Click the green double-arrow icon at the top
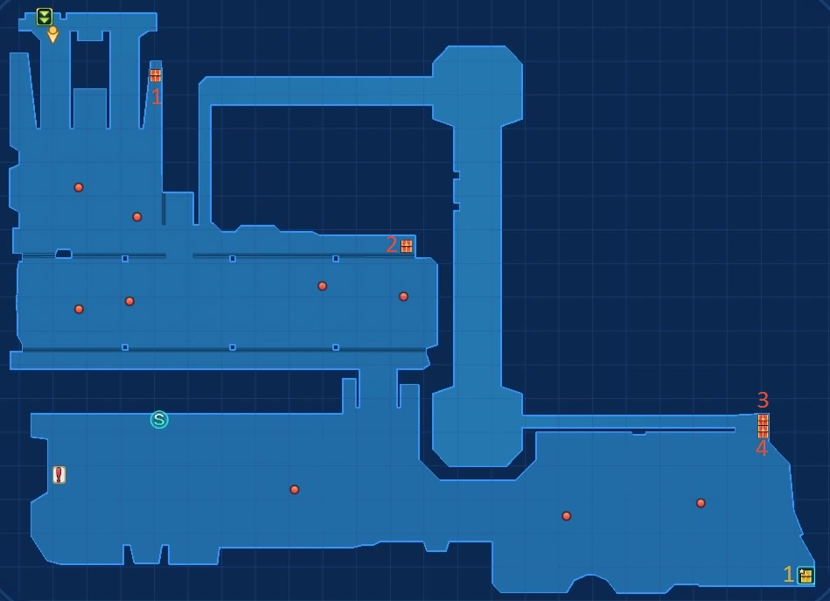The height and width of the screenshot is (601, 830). tap(44, 17)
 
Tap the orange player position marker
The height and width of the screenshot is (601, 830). tap(52, 35)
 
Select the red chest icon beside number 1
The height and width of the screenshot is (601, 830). tap(156, 76)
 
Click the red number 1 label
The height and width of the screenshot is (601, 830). tap(157, 97)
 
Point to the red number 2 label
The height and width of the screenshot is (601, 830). tap(392, 245)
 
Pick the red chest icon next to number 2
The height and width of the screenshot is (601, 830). tap(407, 246)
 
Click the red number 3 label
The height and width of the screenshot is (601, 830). tap(763, 400)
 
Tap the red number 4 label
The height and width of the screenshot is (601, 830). tap(761, 449)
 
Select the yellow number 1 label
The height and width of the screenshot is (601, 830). tap(788, 575)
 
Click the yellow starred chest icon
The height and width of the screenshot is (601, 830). tap(806, 576)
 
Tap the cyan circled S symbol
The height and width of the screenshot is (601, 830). tap(159, 420)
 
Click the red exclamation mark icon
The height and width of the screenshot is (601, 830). tap(59, 475)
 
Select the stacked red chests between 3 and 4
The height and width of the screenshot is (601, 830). tap(764, 425)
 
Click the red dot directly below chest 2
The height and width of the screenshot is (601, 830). tap(403, 297)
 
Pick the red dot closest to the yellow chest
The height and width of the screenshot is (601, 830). tap(701, 503)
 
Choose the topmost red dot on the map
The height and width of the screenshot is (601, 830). tap(79, 187)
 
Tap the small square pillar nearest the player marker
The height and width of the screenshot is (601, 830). tap(125, 259)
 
